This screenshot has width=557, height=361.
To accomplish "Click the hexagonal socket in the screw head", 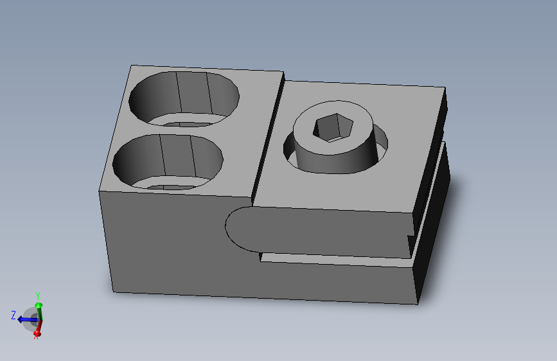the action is click(x=333, y=127).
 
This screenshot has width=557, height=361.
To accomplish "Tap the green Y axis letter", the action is click(x=38, y=295).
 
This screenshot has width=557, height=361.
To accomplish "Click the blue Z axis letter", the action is click(x=13, y=315).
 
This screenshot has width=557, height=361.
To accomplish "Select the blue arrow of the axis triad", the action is click(x=28, y=320).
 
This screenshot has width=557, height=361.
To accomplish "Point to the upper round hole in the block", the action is click(x=184, y=99).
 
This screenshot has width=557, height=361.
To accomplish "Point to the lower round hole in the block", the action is click(x=168, y=162).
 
